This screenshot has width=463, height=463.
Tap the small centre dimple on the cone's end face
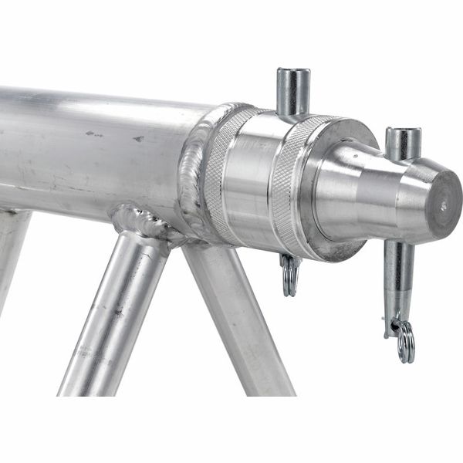[x=443, y=205]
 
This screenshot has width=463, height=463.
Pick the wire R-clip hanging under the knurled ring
[x=290, y=275]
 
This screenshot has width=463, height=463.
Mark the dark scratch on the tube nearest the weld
[x=138, y=140]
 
